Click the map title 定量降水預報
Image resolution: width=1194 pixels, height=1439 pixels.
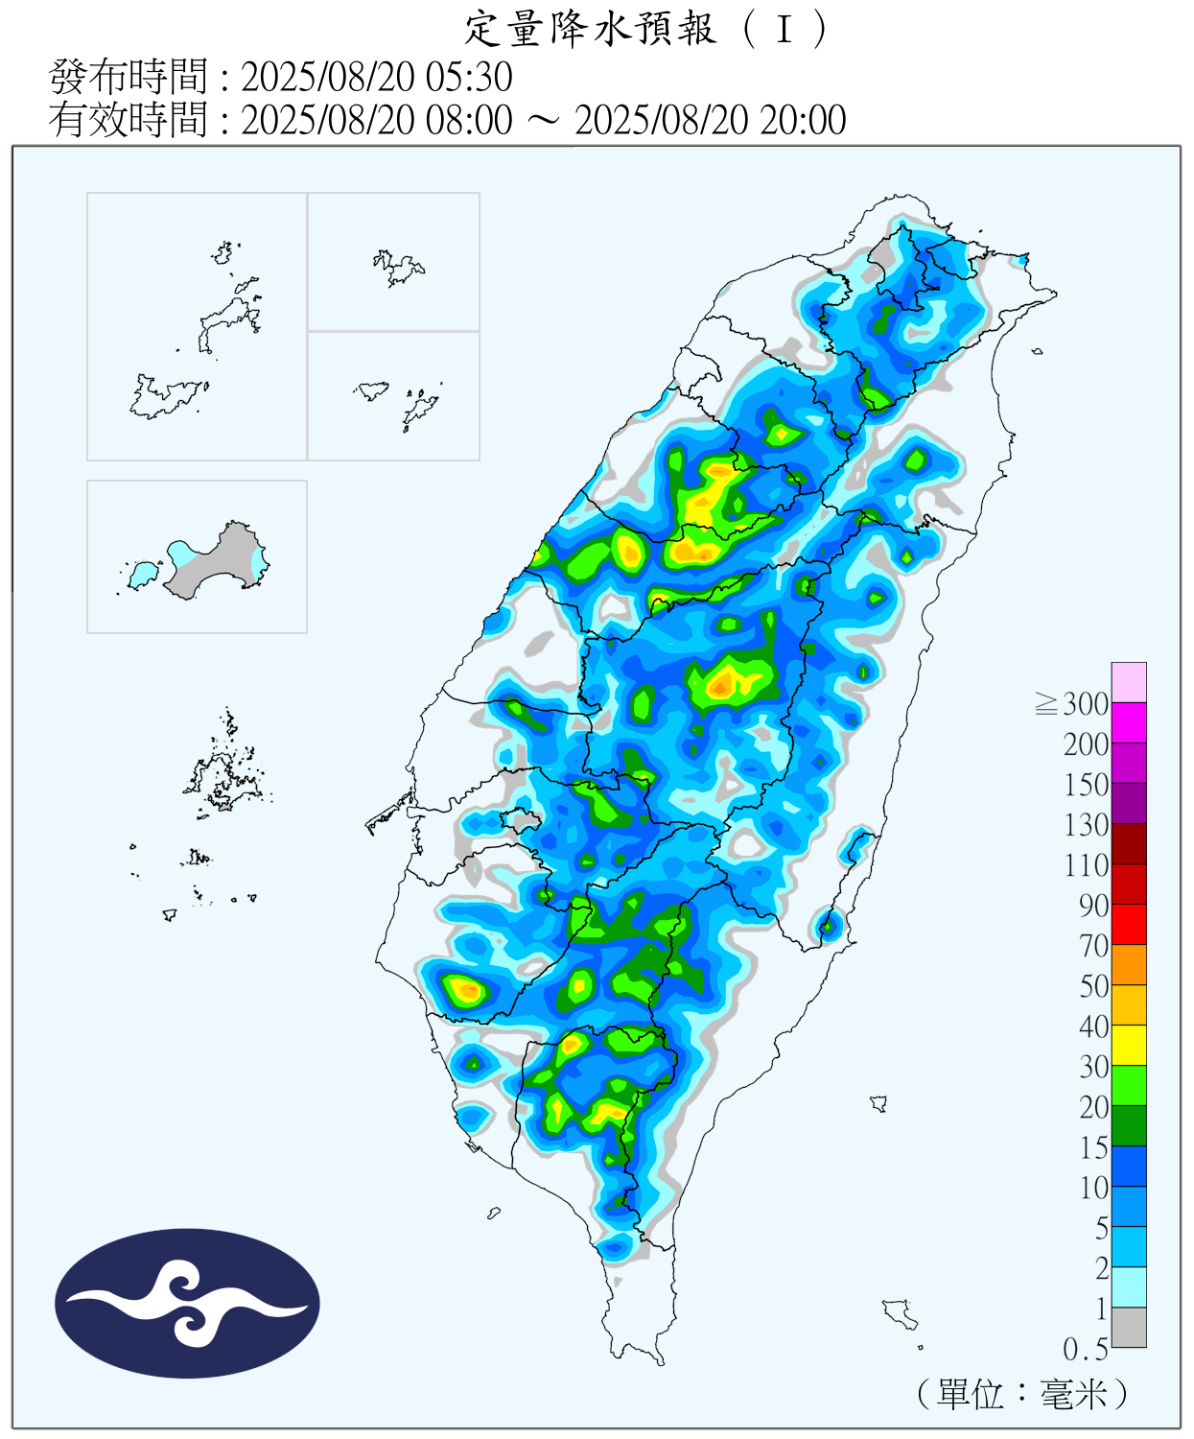click(590, 29)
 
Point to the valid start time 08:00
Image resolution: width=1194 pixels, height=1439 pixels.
click(469, 120)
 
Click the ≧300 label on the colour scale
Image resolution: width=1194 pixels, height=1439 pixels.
click(1073, 704)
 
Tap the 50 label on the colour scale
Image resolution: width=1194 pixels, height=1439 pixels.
click(1093, 986)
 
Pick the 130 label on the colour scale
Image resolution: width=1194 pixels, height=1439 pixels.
click(1086, 825)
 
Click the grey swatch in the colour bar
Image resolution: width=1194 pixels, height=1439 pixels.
click(1129, 1328)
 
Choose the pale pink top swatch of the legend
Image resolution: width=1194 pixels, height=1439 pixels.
click(1129, 682)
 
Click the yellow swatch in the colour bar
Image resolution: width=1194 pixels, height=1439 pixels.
click(1129, 1045)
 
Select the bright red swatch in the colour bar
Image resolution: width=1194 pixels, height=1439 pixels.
click(1129, 924)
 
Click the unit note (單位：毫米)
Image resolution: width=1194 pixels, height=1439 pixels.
click(1022, 1394)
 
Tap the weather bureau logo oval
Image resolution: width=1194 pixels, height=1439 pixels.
click(187, 1304)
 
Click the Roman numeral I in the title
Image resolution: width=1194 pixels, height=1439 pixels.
click(784, 30)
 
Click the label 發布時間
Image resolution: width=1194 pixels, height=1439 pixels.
click(128, 77)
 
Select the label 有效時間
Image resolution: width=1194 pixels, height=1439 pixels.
click(128, 120)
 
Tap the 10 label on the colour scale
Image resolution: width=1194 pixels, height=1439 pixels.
click(1093, 1188)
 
